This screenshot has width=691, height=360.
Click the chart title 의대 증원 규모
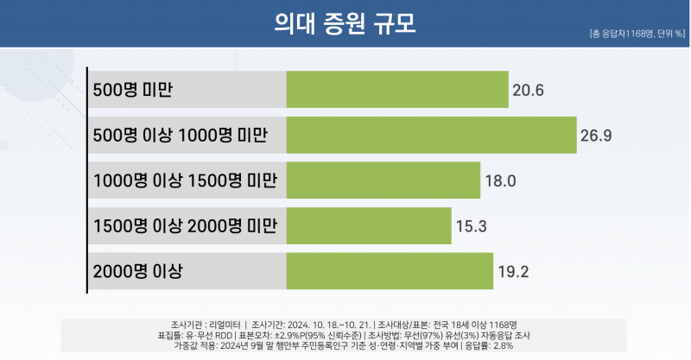click(345, 23)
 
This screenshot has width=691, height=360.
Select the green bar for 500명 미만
click(397, 90)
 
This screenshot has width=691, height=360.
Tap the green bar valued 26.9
click(431, 136)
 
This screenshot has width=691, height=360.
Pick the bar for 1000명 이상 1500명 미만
click(384, 180)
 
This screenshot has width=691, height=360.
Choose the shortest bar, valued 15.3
click(369, 226)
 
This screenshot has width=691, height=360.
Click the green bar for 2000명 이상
click(390, 272)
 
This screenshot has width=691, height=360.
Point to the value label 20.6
click(527, 91)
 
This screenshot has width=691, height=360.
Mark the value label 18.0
click(500, 181)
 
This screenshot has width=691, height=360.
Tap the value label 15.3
click(471, 227)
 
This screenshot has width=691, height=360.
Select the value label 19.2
click(512, 273)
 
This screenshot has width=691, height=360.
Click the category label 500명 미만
click(135, 91)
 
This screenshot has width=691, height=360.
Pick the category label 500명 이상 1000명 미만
click(180, 136)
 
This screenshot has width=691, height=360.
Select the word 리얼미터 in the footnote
click(222, 324)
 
